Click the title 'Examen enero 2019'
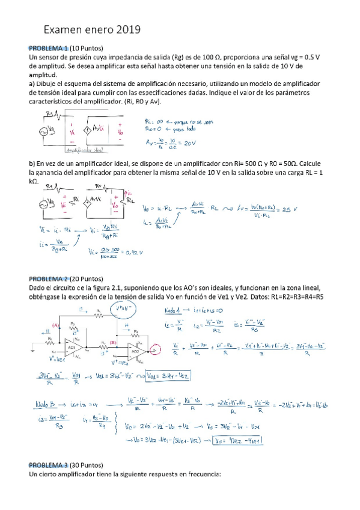[91, 29]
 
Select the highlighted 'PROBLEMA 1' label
[48, 48]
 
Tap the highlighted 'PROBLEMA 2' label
[48, 279]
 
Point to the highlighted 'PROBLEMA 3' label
[48, 465]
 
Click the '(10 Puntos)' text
[87, 48]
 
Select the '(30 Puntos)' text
[87, 465]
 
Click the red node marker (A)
[55, 325]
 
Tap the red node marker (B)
[112, 342]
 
